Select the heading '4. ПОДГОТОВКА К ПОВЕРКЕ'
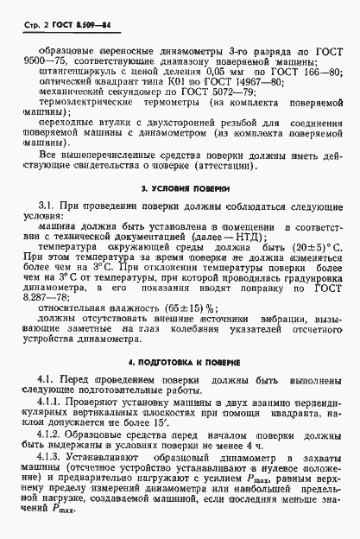(180, 363)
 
